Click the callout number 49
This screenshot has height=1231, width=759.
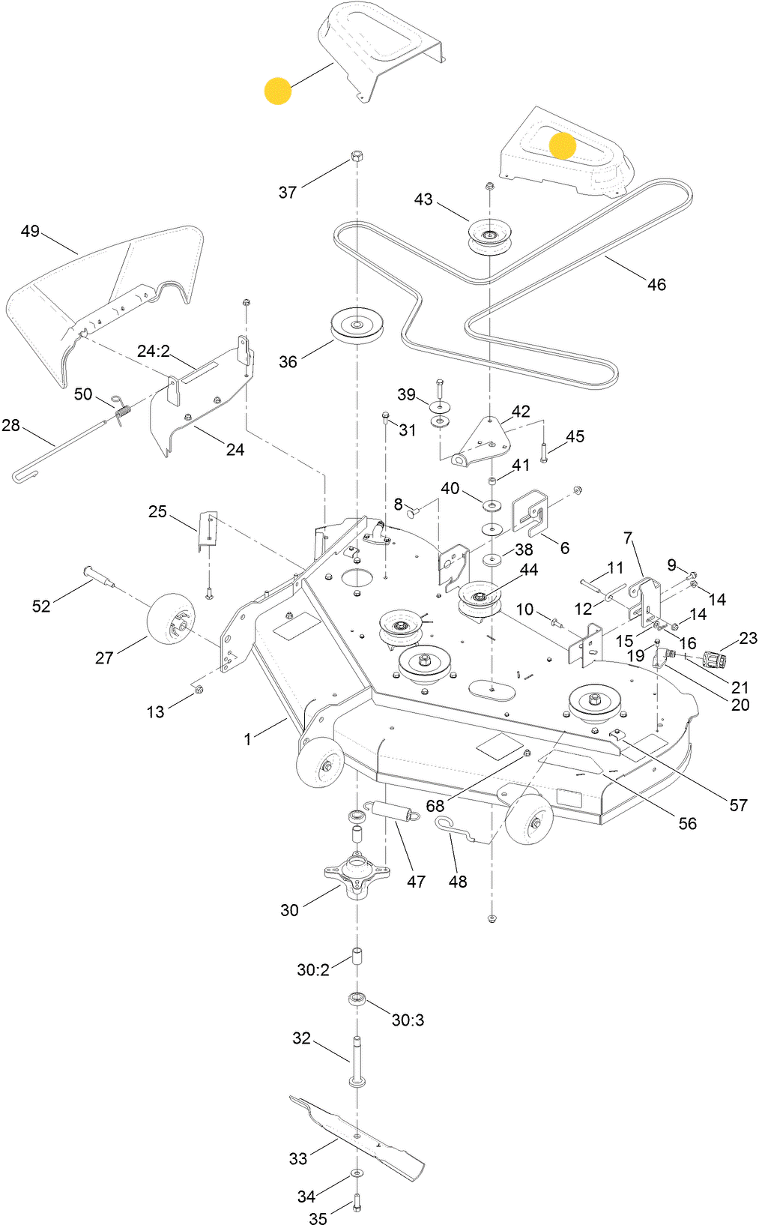30,231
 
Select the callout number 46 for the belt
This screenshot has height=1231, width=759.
656,284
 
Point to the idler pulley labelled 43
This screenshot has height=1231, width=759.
489,235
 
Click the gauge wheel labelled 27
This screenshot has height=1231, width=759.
171,618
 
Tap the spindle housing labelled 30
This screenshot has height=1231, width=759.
357,873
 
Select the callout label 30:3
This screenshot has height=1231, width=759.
408,1020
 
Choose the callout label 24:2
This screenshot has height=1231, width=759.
154,351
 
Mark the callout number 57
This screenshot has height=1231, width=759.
738,804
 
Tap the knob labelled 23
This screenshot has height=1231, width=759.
715,660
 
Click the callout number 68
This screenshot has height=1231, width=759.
435,806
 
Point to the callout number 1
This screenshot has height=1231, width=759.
248,739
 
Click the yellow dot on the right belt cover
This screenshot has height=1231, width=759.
563,145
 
